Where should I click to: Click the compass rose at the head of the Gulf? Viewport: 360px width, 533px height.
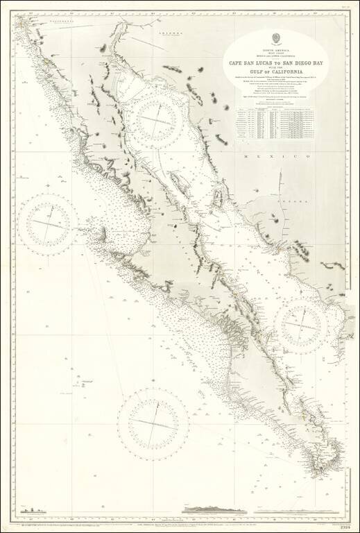pos(161,115)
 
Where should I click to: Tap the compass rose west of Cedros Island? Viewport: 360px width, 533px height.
pos(48,223)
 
